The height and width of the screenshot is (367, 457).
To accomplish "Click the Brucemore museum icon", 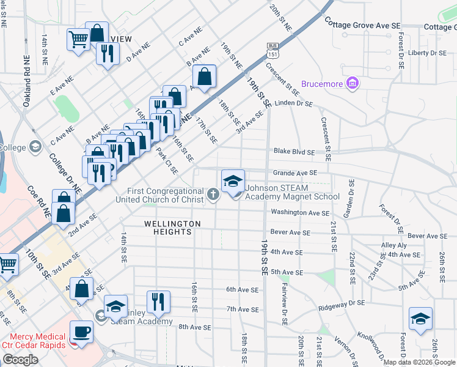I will (352, 83).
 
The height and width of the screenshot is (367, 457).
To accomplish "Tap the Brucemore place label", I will (323, 84).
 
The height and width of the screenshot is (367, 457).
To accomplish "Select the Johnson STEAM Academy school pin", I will (233, 181).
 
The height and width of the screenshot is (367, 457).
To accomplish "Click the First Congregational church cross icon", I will (213, 195).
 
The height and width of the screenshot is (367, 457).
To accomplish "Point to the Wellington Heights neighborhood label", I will (172, 224).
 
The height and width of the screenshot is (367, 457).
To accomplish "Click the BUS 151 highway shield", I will (272, 50).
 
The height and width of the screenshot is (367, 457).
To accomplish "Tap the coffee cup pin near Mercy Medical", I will (82, 333).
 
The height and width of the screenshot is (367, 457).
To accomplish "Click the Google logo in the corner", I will (21, 360).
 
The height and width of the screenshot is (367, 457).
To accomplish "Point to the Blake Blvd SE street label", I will (294, 152).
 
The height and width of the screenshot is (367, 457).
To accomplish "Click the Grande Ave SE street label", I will (295, 173).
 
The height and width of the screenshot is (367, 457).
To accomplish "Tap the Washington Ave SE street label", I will (300, 213).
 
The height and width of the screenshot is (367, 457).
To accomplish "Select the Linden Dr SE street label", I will (293, 103).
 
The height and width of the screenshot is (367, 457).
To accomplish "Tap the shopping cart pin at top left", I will (78, 41).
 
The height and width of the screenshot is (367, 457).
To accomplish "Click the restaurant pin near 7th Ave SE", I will (158, 302).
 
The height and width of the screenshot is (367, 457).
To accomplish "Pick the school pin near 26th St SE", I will (421, 319).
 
